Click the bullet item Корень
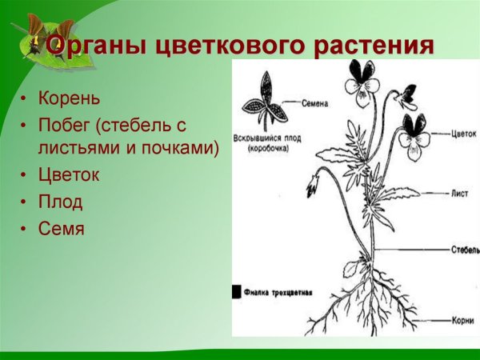(70, 98)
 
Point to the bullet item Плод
(61, 202)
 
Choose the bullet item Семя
(62, 228)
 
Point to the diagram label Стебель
(465, 250)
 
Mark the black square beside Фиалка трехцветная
(237, 292)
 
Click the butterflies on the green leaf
(35, 36)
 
